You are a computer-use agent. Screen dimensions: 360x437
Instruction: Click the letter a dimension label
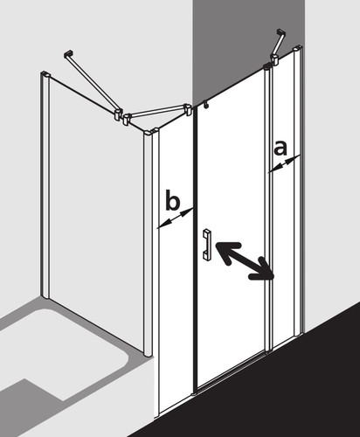(280, 148)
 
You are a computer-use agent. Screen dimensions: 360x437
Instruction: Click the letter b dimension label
(172, 199)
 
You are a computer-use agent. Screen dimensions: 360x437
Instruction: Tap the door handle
(207, 244)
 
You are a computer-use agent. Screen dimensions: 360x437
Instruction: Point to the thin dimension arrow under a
(284, 164)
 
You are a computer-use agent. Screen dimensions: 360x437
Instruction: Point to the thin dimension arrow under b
(176, 218)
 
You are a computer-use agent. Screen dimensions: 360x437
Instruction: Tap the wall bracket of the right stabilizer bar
(281, 31)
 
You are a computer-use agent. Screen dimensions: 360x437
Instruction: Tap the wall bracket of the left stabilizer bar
(68, 54)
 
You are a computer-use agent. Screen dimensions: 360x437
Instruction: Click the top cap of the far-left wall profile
(45, 74)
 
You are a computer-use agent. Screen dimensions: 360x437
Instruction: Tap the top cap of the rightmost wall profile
(298, 48)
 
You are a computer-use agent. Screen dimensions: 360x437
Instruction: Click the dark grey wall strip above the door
(248, 44)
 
